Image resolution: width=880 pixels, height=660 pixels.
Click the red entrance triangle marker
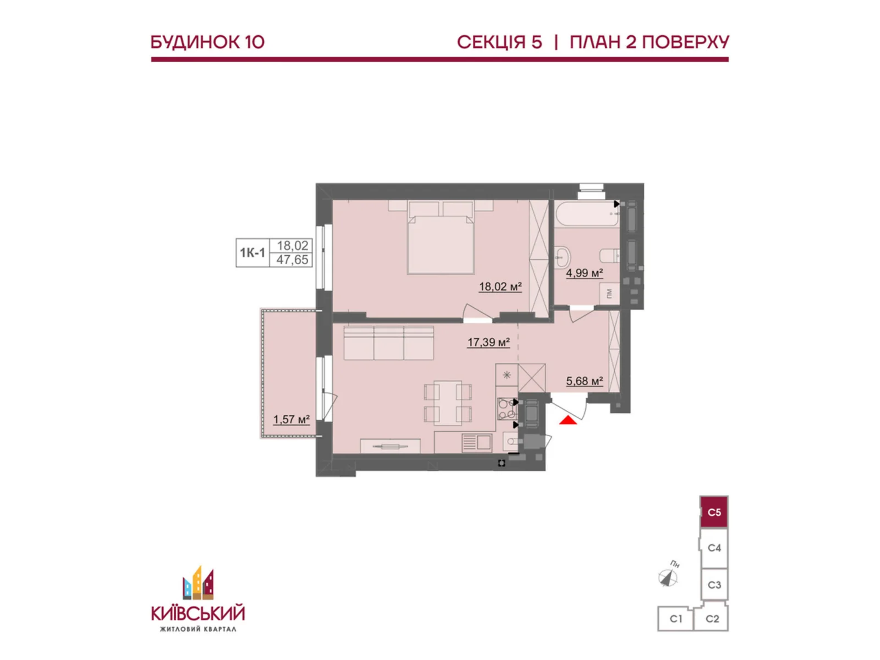click(568, 420)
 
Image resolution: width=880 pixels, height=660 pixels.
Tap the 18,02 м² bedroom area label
click(501, 287)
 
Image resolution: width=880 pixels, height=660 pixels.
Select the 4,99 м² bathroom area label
click(584, 273)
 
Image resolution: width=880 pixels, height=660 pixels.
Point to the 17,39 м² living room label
click(488, 343)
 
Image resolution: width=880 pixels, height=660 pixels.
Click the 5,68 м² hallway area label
click(585, 381)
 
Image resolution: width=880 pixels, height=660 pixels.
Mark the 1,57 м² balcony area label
click(291, 420)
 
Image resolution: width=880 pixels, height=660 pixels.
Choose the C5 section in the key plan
click(713, 512)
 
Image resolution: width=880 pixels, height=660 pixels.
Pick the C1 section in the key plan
click(675, 619)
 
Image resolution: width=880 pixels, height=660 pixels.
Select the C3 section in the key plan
click(714, 585)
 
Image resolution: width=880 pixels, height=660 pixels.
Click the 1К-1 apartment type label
click(252, 253)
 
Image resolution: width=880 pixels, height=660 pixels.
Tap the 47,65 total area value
click(292, 260)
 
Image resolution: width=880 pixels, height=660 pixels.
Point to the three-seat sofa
click(388, 343)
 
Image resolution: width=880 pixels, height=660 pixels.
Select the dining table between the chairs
click(447, 403)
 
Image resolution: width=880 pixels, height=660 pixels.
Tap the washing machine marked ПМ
click(609, 293)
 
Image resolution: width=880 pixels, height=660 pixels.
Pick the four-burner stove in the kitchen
click(507, 408)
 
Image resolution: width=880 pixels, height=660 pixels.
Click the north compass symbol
click(668, 577)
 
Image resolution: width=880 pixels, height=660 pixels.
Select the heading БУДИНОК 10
click(208, 42)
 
